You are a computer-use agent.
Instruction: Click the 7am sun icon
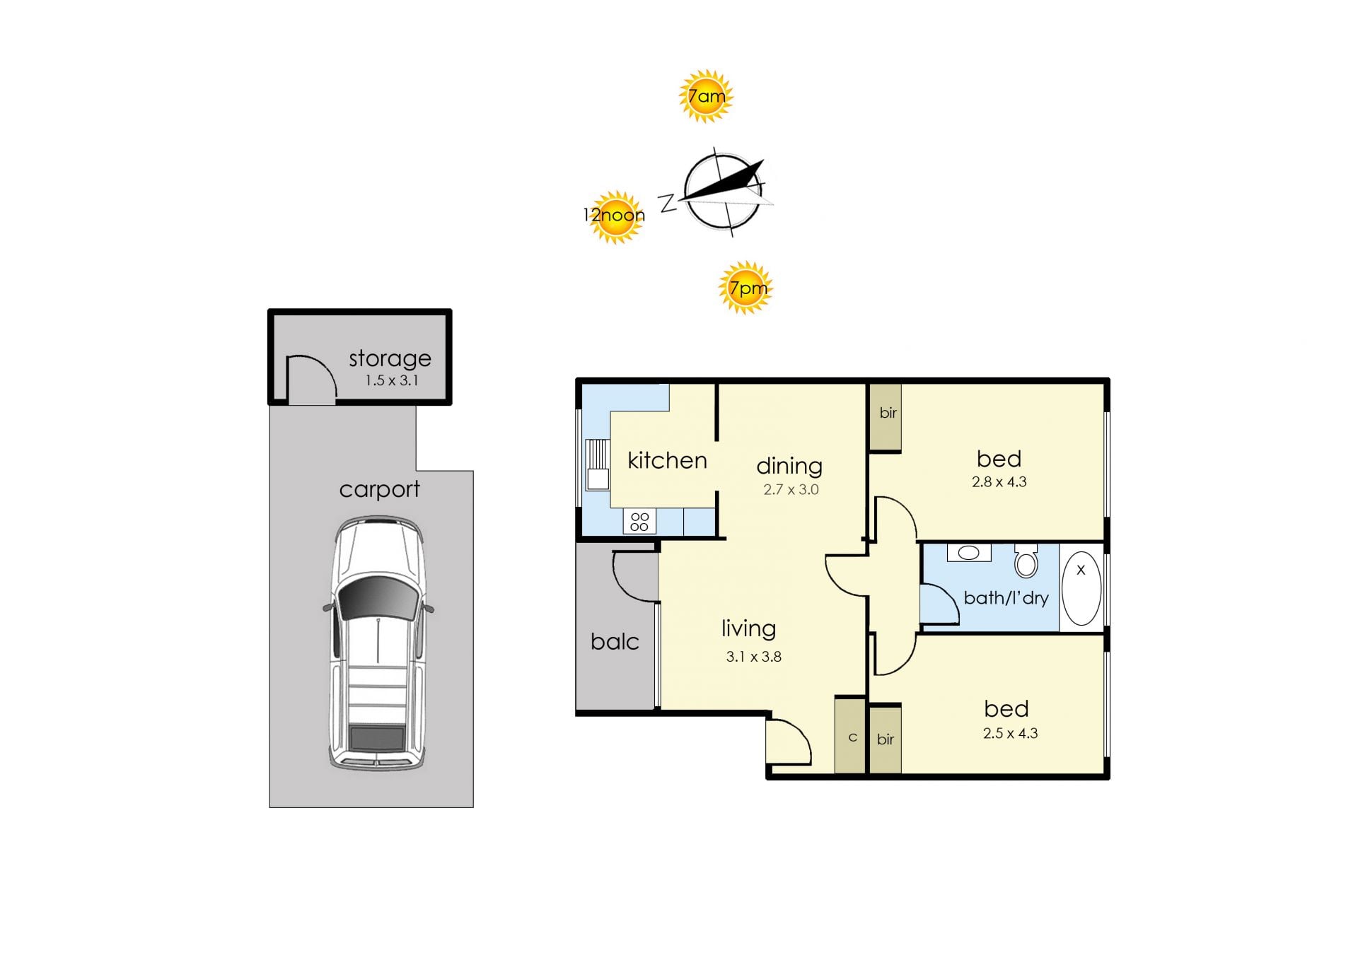pyautogui.click(x=705, y=96)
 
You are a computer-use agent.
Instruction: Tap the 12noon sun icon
pyautogui.click(x=615, y=216)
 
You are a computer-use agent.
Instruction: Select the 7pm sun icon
pyautogui.click(x=746, y=288)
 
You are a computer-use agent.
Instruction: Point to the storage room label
pyautogui.click(x=390, y=358)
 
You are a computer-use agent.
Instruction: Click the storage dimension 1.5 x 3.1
pyautogui.click(x=392, y=380)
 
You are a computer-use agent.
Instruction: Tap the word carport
pyautogui.click(x=379, y=489)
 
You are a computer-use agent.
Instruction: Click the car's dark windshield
pyautogui.click(x=378, y=599)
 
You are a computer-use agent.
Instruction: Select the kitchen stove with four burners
pyautogui.click(x=639, y=522)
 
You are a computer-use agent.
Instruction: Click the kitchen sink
pyautogui.click(x=598, y=464)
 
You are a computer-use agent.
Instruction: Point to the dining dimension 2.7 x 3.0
pyautogui.click(x=791, y=489)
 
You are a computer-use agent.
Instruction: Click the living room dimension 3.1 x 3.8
pyautogui.click(x=753, y=657)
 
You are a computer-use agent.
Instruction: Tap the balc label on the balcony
pyautogui.click(x=615, y=642)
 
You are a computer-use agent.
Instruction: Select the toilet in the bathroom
pyautogui.click(x=1026, y=561)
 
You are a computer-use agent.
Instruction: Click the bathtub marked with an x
pyautogui.click(x=1081, y=588)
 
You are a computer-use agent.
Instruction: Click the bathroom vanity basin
pyautogui.click(x=969, y=552)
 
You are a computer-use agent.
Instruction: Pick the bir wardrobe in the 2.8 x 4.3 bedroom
pyautogui.click(x=886, y=417)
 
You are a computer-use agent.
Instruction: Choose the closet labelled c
pyautogui.click(x=850, y=736)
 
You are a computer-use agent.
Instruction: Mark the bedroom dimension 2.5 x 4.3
pyautogui.click(x=1010, y=734)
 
